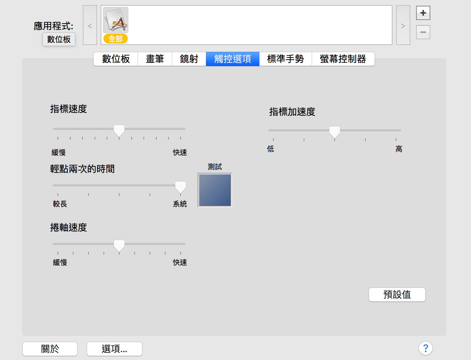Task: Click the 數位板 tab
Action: coord(116,59)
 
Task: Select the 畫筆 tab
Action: coord(155,59)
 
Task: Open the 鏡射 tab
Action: coord(189,59)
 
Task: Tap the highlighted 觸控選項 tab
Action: coord(233,59)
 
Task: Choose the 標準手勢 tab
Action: coord(285,59)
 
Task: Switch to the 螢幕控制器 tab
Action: coord(343,59)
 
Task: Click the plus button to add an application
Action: coord(423,13)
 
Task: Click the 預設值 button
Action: coord(397,295)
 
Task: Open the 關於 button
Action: coord(50,349)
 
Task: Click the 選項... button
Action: coord(115,349)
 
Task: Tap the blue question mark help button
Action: coord(426,348)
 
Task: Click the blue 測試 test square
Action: coord(215,190)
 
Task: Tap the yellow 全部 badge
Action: coord(116,39)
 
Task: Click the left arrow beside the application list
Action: coord(90,25)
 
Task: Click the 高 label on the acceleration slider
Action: coord(399,149)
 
